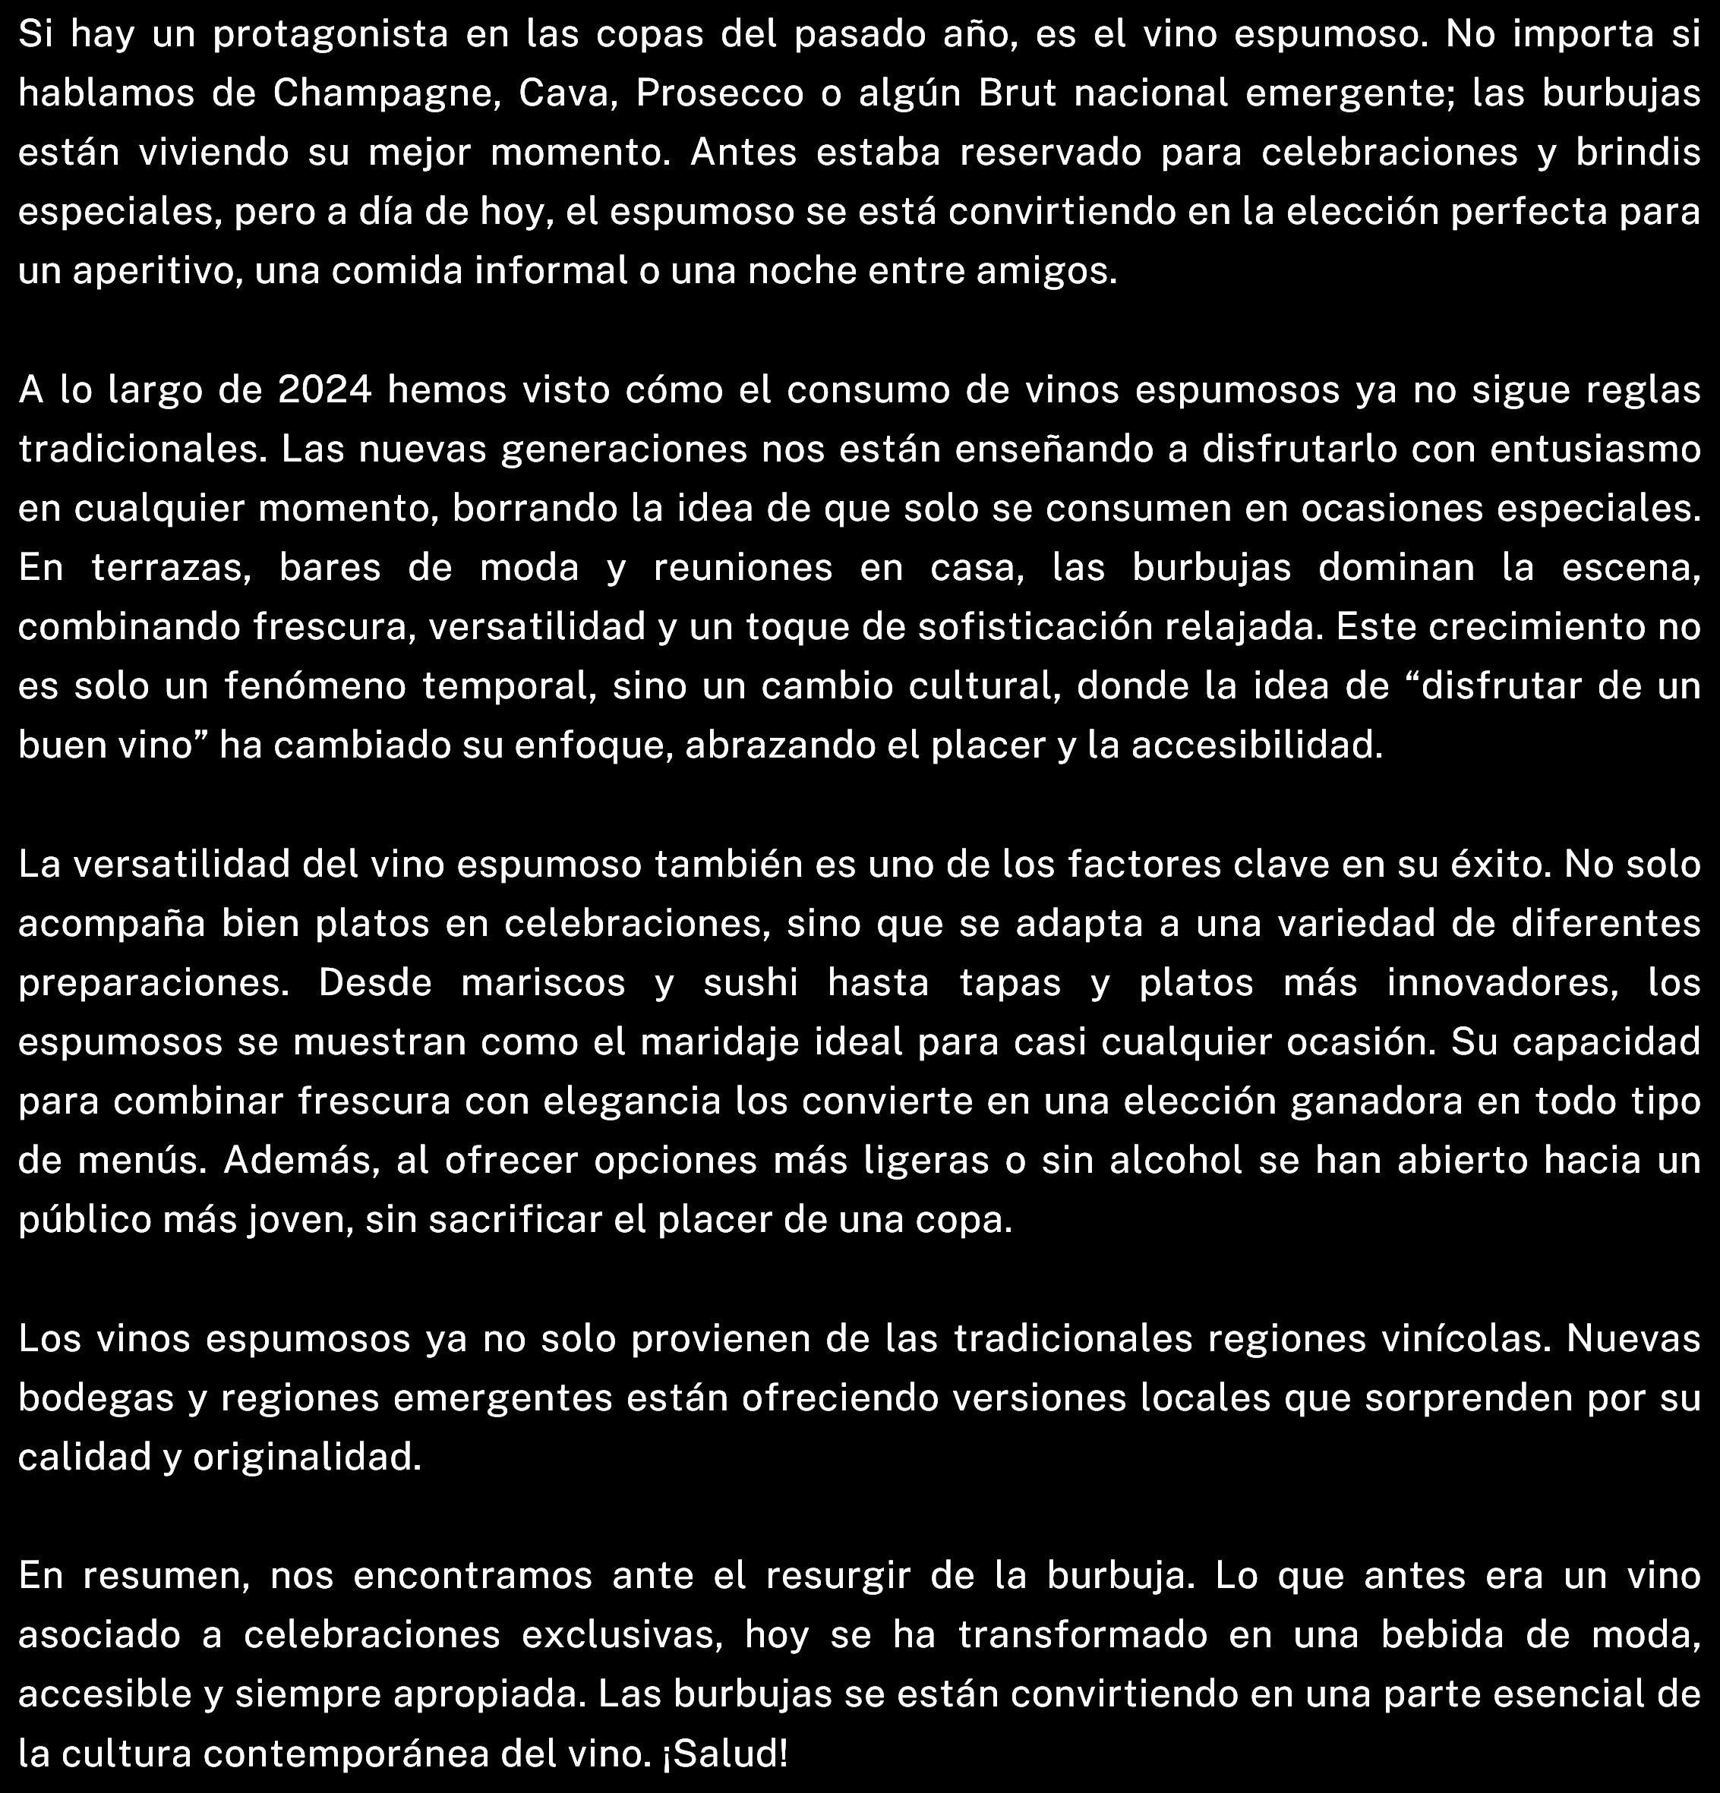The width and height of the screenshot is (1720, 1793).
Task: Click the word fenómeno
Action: tap(316, 687)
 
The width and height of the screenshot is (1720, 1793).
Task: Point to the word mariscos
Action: tap(544, 983)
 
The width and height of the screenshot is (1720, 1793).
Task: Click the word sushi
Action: tap(751, 983)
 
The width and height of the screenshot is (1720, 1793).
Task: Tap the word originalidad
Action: tap(307, 1457)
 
